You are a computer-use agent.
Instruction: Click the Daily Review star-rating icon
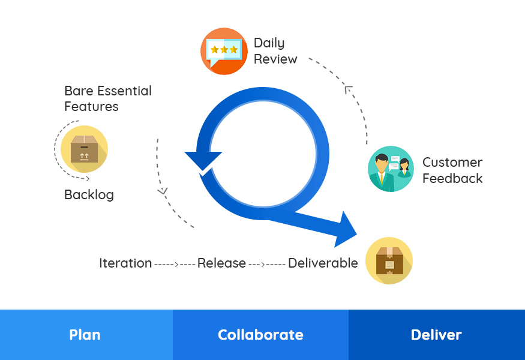(x=224, y=51)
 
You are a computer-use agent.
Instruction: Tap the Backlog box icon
(x=84, y=149)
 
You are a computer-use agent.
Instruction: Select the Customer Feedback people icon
(x=391, y=169)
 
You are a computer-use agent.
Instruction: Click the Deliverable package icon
(x=389, y=260)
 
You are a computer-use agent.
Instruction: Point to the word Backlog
(x=89, y=195)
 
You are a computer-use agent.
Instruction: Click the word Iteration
(x=125, y=263)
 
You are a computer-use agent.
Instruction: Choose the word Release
(x=221, y=263)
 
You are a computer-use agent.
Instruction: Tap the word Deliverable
(x=323, y=263)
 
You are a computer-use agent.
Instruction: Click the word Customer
(x=452, y=163)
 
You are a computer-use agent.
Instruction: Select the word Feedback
(x=452, y=178)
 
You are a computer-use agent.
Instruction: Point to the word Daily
(x=269, y=43)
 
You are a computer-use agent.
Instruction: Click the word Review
(x=275, y=59)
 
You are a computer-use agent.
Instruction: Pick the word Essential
(x=124, y=91)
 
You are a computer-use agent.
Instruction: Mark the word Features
(x=91, y=107)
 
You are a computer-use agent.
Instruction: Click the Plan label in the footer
(x=85, y=335)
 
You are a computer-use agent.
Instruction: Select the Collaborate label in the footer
(x=260, y=335)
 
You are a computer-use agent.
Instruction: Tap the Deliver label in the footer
(x=436, y=335)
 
